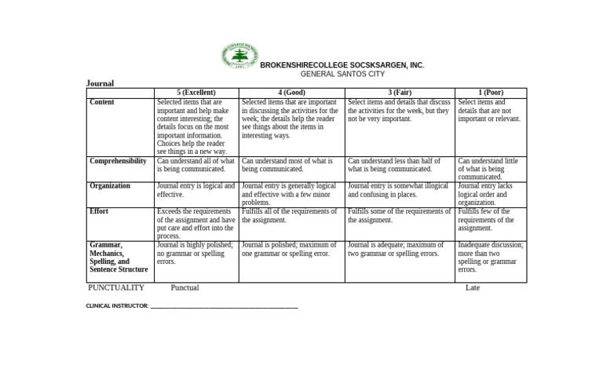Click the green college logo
(x=239, y=57)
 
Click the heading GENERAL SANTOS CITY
(x=343, y=75)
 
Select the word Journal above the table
(x=100, y=83)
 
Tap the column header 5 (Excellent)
(x=196, y=93)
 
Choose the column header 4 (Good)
(x=291, y=93)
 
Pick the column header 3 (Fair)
(x=399, y=93)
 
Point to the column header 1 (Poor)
(x=491, y=93)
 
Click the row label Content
(x=102, y=103)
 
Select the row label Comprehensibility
(x=118, y=161)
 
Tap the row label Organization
(x=110, y=186)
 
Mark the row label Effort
(x=99, y=211)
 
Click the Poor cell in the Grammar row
(x=491, y=257)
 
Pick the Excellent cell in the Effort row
(x=196, y=224)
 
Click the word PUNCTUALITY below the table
(x=116, y=288)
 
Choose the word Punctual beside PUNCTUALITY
(x=185, y=288)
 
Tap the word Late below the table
(x=473, y=288)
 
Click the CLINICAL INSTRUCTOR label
(x=117, y=306)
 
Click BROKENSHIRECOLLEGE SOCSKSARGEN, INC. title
(x=342, y=65)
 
